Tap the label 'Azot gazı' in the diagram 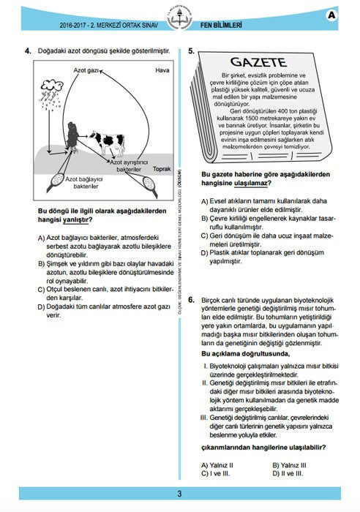tap(87, 71)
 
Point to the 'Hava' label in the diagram tap(162, 70)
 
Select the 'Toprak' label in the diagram tap(160, 167)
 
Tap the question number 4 tap(27, 50)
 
